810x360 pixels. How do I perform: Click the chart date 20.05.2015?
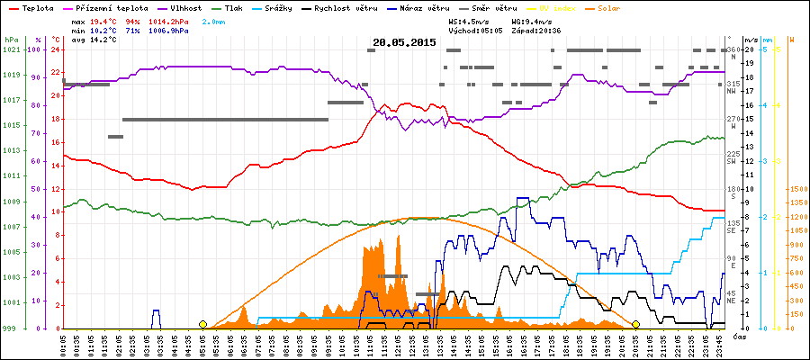(404, 42)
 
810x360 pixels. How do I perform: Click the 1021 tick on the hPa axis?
(11, 49)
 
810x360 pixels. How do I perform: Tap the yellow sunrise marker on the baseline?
(202, 324)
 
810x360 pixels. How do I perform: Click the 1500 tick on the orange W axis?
(797, 189)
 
